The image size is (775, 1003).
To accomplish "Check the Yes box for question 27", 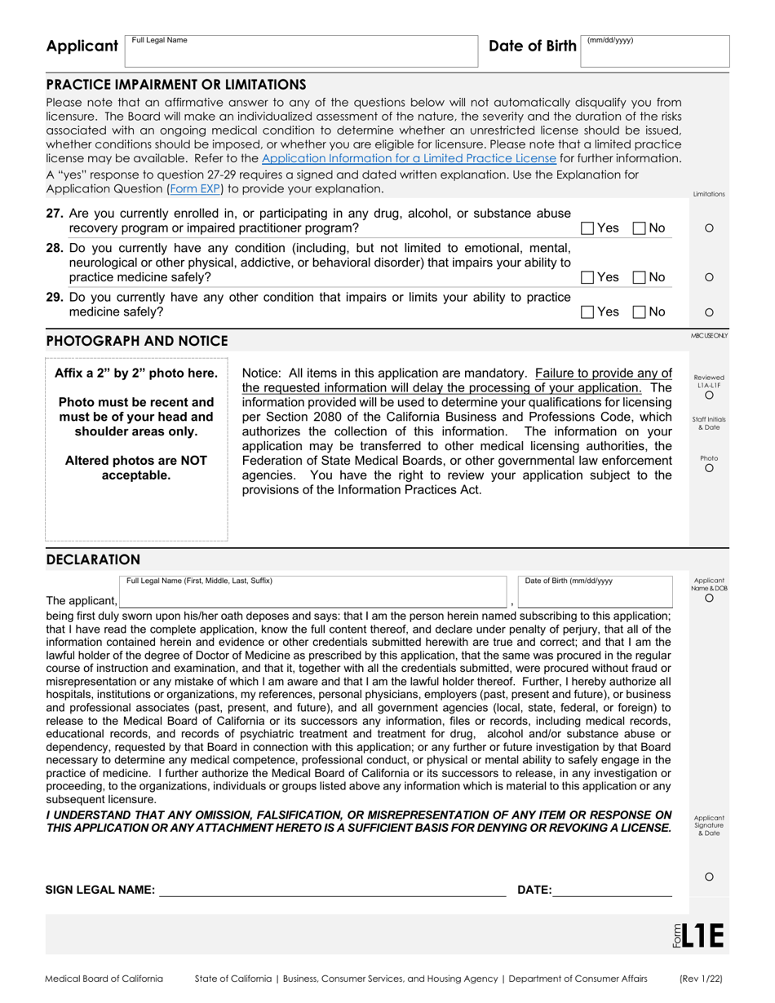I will click(x=587, y=228).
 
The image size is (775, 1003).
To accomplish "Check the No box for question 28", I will click(x=640, y=277).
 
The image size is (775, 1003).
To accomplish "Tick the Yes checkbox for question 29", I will click(x=587, y=312).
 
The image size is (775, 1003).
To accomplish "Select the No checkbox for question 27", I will click(x=640, y=228).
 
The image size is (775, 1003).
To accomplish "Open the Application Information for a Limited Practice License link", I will click(x=409, y=158).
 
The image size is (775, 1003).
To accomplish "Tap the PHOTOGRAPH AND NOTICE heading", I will click(x=137, y=341).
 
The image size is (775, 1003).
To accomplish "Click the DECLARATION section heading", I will click(x=93, y=559).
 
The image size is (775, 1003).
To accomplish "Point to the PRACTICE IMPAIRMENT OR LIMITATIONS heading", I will click(x=176, y=84).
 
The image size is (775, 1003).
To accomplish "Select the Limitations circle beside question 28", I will click(x=709, y=277).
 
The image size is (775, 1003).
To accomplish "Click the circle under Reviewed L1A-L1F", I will click(x=709, y=395).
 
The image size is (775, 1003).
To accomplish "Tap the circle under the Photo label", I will click(x=709, y=468).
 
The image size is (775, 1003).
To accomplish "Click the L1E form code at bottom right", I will click(x=702, y=935).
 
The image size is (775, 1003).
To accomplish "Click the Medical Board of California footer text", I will click(x=104, y=979).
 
